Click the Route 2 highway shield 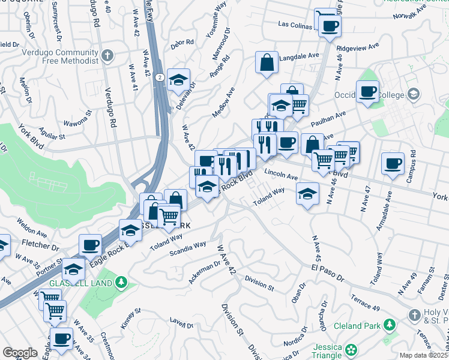[159, 77]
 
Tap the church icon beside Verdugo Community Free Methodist [107, 56]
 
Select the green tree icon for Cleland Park [390, 325]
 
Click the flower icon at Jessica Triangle [351, 348]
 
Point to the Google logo [19, 353]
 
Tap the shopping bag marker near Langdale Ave [267, 62]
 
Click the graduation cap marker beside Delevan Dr [178, 79]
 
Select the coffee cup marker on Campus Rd [393, 163]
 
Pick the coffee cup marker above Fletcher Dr [90, 245]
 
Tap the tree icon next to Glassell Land [121, 281]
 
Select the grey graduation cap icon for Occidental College [413, 94]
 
